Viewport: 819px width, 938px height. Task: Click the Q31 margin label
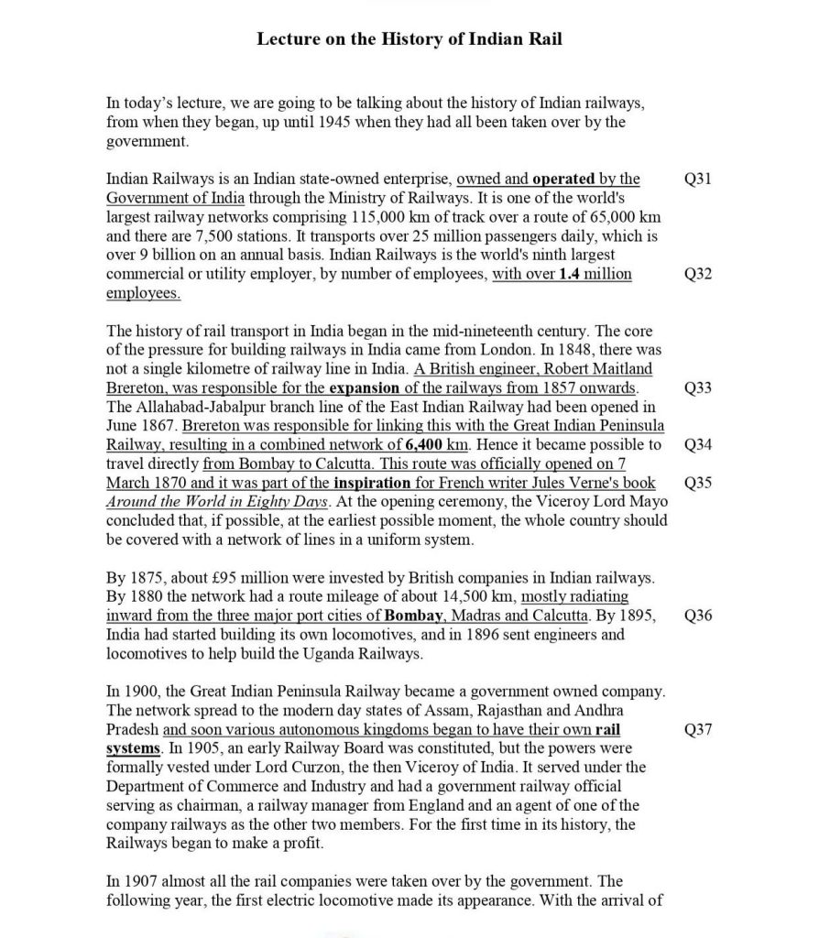[698, 179]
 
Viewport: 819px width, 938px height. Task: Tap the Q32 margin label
[698, 274]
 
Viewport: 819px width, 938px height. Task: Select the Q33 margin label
[698, 387]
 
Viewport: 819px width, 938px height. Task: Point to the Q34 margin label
[698, 444]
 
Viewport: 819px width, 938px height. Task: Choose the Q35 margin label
[698, 483]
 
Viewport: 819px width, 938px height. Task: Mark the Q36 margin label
[698, 615]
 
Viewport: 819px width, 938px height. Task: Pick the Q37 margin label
[698, 730]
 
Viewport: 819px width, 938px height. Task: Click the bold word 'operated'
[563, 179]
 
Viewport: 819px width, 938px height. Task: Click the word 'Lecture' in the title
[287, 39]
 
